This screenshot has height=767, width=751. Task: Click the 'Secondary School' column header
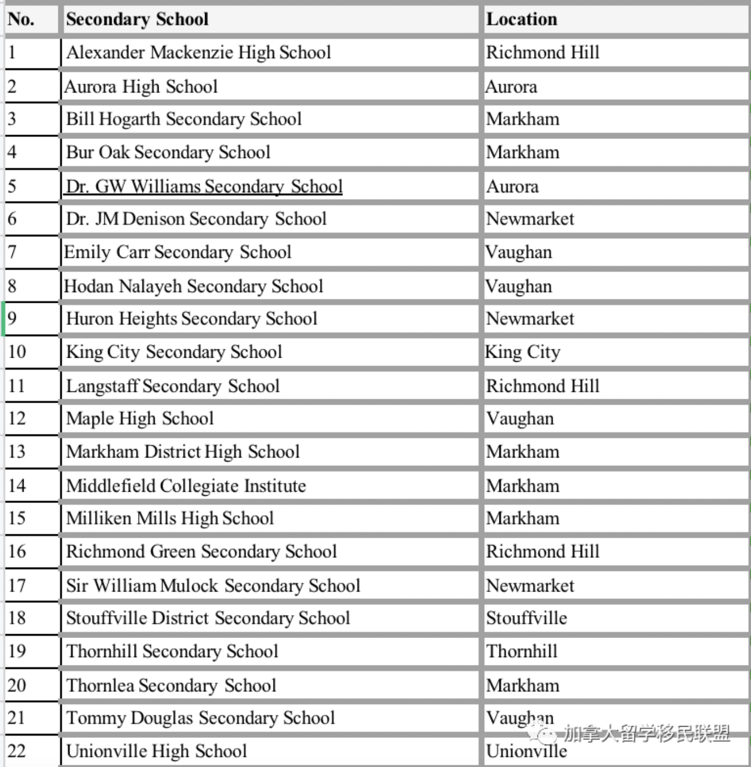(137, 19)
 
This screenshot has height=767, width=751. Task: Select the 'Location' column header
(522, 19)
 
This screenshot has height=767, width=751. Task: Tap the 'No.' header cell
(21, 19)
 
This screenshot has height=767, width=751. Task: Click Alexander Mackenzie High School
(198, 53)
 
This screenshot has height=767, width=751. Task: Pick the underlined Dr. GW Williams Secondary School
(204, 186)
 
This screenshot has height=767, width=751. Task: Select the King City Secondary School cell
(174, 352)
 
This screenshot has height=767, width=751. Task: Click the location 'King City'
(522, 352)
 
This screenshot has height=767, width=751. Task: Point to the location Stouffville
(526, 618)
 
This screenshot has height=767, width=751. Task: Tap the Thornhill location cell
(522, 652)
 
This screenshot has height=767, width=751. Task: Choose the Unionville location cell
(526, 751)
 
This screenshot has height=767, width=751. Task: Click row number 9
(12, 318)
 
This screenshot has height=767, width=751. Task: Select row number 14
(17, 486)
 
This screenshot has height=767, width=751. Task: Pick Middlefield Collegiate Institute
(186, 486)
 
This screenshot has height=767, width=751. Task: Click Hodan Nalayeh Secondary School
(193, 286)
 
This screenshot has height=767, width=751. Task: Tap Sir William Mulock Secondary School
(213, 585)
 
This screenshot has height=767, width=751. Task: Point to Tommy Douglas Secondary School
(200, 718)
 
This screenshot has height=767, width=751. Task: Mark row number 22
(17, 751)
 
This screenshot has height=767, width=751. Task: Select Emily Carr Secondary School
(178, 252)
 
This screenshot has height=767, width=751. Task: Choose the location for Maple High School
(520, 419)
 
